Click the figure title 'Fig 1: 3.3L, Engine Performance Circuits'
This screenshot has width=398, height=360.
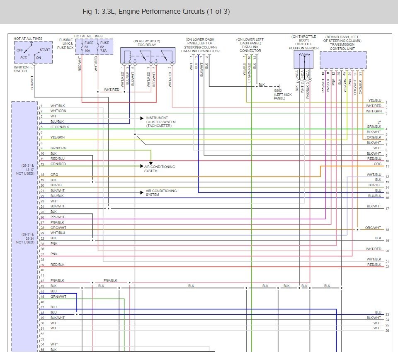click(156, 12)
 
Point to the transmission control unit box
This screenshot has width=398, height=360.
click(343, 60)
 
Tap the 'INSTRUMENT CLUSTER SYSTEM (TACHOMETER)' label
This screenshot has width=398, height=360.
click(161, 122)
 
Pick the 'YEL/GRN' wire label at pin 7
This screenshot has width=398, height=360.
click(58, 137)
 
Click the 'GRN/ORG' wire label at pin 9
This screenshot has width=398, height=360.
click(58, 148)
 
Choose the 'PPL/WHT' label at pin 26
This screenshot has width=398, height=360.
click(58, 217)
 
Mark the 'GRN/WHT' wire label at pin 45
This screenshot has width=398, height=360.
click(58, 297)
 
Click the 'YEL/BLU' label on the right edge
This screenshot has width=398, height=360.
click(374, 100)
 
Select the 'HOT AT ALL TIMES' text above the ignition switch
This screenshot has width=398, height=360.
click(27, 39)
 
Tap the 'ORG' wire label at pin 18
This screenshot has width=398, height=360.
click(54, 175)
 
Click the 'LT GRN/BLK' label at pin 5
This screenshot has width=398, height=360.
click(60, 127)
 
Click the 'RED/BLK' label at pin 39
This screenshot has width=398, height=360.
click(58, 265)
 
